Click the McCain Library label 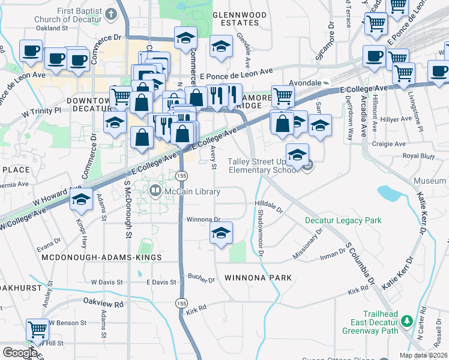click(x=193, y=192)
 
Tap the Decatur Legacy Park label click(x=343, y=221)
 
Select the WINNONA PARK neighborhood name click(x=258, y=278)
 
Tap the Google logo click(x=20, y=353)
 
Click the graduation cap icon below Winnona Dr click(x=221, y=234)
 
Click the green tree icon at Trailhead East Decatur click(x=406, y=322)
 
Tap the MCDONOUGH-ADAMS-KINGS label click(x=101, y=257)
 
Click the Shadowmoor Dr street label click(x=261, y=231)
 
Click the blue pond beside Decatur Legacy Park click(x=390, y=193)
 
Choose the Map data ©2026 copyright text click(x=423, y=355)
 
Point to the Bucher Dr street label click(x=201, y=280)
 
